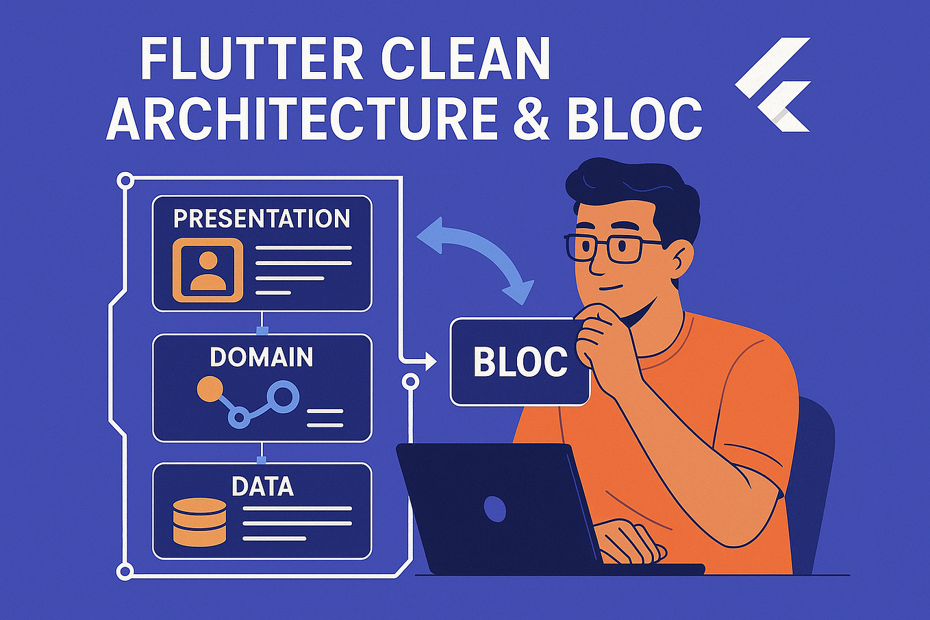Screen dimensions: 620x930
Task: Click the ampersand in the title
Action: pyautogui.click(x=529, y=118)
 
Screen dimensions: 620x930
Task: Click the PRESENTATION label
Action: pyautogui.click(x=262, y=219)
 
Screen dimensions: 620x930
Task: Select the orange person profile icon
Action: pyautogui.click(x=208, y=270)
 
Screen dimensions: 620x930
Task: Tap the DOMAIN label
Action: pyautogui.click(x=262, y=357)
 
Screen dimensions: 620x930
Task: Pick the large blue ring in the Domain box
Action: pyautogui.click(x=283, y=395)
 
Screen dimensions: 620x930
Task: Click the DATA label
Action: pyautogui.click(x=262, y=486)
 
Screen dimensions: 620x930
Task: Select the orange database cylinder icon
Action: pyautogui.click(x=199, y=522)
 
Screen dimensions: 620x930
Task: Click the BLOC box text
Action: pyautogui.click(x=520, y=362)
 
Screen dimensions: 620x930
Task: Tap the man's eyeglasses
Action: pyautogui.click(x=606, y=247)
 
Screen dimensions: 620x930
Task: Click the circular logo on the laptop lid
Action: pyautogui.click(x=494, y=508)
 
